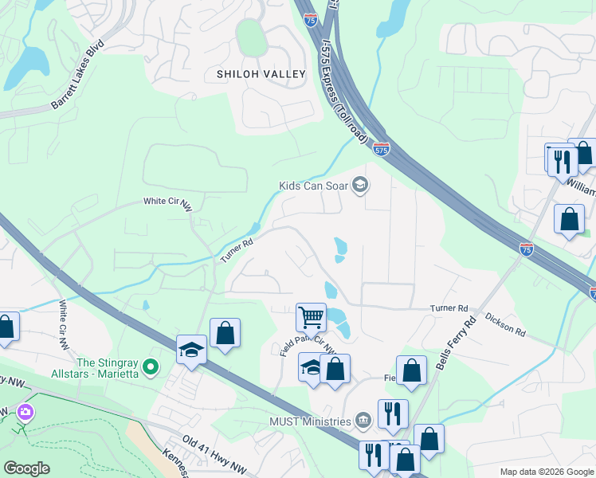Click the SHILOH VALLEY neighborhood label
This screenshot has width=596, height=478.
pos(261,74)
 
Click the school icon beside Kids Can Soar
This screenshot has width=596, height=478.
pos(360,186)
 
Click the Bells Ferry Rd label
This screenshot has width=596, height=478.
pos(456,343)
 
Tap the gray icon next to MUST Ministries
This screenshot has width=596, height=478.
pos(363,420)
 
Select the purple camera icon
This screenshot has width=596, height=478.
pos(25,411)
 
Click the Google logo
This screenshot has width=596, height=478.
pos(27,468)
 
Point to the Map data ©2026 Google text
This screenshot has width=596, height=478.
pos(546,472)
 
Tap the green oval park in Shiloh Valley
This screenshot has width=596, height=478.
pos(250,36)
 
